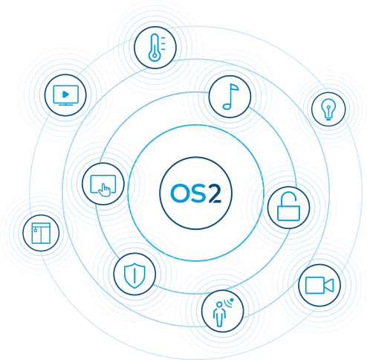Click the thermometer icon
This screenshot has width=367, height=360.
[157, 48]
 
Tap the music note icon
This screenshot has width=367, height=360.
[230, 97]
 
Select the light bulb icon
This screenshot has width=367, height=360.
[328, 109]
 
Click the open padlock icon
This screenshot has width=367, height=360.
[288, 206]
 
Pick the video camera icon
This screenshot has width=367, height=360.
[319, 285]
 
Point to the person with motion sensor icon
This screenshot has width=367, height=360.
[223, 312]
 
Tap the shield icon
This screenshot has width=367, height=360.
[134, 275]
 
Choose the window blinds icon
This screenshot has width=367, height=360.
[41, 233]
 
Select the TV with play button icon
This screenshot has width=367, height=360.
[65, 95]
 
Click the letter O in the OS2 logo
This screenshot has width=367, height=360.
[180, 193]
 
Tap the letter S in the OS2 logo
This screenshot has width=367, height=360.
[198, 193]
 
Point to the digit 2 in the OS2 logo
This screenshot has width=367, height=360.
[215, 193]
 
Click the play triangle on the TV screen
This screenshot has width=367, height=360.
[65, 94]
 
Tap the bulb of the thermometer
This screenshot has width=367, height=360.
[155, 56]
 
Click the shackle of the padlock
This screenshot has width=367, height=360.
[288, 199]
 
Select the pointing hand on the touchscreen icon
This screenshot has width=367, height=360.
[104, 190]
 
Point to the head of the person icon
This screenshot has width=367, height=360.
[219, 304]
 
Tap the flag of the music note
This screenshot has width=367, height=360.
[235, 87]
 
